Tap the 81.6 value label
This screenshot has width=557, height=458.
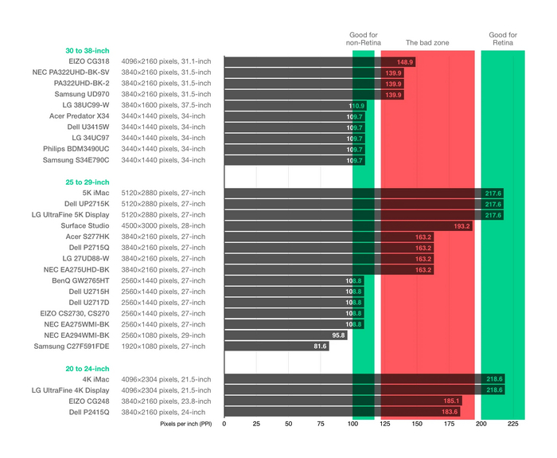320,346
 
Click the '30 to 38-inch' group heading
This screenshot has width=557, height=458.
88,50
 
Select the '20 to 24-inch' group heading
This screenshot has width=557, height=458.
88,369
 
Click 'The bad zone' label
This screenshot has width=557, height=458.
427,43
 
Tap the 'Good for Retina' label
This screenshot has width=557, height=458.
503,39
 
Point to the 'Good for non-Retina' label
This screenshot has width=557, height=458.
364,39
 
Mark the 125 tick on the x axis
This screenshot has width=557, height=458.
384,425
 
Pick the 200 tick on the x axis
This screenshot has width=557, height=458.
481,425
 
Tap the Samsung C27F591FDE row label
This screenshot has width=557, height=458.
72,346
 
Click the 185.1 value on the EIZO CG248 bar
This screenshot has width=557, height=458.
450,401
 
